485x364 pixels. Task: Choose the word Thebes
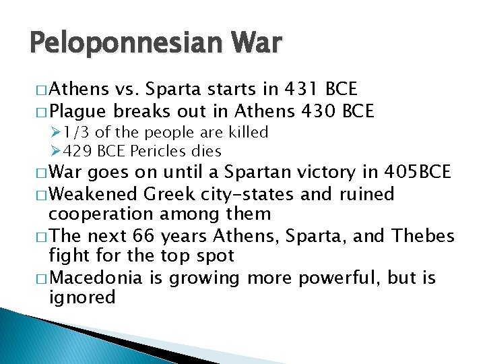[x=424, y=236]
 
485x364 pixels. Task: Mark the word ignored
[x=83, y=298]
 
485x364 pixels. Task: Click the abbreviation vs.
[x=125, y=90]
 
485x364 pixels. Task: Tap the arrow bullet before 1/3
[x=57, y=131]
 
